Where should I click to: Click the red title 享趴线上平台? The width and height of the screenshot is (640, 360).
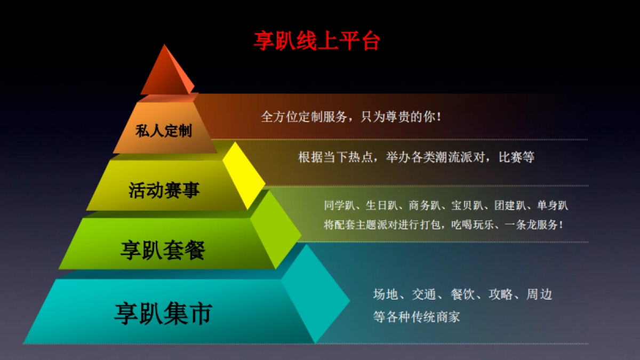(x=317, y=41)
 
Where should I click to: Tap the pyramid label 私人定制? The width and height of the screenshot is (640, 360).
(x=163, y=131)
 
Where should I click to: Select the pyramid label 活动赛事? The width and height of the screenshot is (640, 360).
(x=164, y=190)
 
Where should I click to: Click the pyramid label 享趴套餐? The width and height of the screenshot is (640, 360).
(x=163, y=250)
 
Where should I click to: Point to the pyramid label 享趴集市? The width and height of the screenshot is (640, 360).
(x=163, y=314)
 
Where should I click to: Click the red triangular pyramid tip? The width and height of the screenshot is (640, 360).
(x=166, y=72)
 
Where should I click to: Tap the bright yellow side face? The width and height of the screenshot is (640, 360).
(x=244, y=175)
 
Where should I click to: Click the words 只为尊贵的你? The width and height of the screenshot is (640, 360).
(x=401, y=117)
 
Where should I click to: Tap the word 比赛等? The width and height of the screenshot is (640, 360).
(x=517, y=157)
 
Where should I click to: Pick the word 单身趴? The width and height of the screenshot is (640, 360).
(x=553, y=205)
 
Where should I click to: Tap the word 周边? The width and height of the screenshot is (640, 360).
(x=539, y=294)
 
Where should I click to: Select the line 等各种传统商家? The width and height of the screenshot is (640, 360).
(x=417, y=317)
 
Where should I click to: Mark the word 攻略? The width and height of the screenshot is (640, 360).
(x=501, y=294)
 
